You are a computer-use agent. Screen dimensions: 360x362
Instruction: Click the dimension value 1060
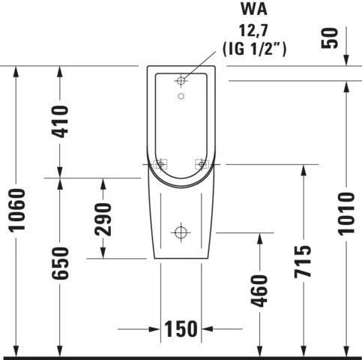pos(17,210)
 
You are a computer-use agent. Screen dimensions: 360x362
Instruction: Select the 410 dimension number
pos(61,121)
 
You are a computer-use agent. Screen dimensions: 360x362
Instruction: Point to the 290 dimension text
pos(103,218)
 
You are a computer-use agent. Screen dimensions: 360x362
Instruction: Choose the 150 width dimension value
pos(181,328)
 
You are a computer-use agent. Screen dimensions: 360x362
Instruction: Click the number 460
pos(258,291)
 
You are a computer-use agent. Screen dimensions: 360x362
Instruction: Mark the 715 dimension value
pos(302,262)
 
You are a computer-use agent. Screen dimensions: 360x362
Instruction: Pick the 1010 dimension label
pos(346,214)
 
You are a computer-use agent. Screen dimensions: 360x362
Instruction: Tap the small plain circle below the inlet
pos(181,96)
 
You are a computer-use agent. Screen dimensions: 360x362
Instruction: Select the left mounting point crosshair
pos(159,164)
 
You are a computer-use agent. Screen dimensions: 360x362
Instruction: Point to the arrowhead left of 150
pos(154,328)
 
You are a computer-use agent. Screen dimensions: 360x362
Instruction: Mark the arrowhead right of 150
pos(207,328)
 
